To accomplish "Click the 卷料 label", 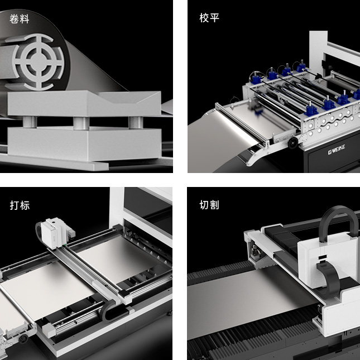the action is pyautogui.click(x=20, y=19).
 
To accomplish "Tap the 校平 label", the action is pyautogui.click(x=209, y=18).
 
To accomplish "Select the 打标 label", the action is pyautogui.click(x=20, y=205).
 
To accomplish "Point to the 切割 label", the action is pyautogui.click(x=209, y=205).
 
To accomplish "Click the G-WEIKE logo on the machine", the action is pyautogui.click(x=337, y=149).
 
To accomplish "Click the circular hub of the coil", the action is pyautogui.click(x=38, y=61).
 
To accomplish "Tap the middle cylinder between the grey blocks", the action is pyautogui.click(x=81, y=123).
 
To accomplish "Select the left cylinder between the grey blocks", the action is pyautogui.click(x=30, y=122).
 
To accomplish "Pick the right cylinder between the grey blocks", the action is pyautogui.click(x=136, y=122).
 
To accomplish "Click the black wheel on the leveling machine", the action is pyautogui.click(x=293, y=143).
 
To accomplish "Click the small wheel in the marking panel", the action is pyautogui.click(x=23, y=339).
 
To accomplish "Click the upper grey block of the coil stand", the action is pyautogui.click(x=84, y=104).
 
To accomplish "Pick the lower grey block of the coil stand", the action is pyautogui.click(x=84, y=143).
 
